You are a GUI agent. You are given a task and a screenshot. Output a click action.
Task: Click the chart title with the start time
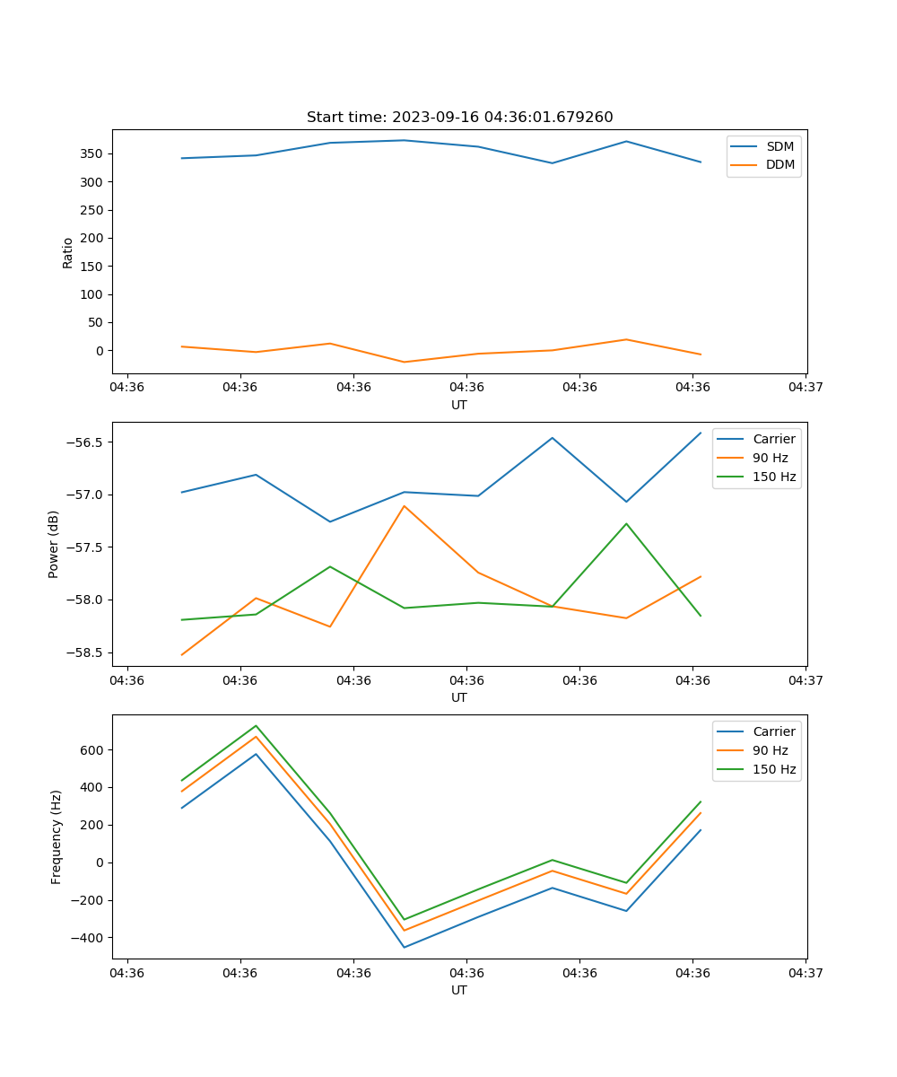tap(459, 118)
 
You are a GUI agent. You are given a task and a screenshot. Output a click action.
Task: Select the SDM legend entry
tap(779, 146)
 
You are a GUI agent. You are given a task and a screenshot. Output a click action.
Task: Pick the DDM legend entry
tap(779, 164)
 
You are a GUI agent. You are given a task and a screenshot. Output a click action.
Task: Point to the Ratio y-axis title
tap(68, 252)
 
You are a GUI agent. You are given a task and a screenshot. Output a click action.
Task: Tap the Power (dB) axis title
tap(54, 544)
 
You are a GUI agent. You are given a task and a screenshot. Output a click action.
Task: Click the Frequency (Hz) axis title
tap(56, 836)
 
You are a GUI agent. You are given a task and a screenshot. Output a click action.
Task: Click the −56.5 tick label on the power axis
tap(84, 442)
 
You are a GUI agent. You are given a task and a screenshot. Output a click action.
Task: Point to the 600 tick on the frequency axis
tap(92, 749)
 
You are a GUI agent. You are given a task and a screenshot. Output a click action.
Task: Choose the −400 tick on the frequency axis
tap(88, 938)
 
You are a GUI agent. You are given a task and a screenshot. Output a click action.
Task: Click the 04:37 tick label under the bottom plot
tap(806, 973)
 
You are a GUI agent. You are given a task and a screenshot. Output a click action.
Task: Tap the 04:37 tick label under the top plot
tap(806, 388)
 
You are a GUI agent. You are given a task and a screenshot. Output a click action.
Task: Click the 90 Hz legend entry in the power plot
tap(770, 458)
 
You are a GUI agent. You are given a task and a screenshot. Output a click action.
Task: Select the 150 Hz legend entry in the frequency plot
tap(774, 769)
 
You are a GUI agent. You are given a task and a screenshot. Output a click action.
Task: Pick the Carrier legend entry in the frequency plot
tap(773, 731)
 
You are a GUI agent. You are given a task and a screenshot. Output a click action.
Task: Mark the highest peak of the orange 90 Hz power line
tap(405, 506)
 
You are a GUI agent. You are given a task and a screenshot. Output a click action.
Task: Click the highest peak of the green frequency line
tap(256, 725)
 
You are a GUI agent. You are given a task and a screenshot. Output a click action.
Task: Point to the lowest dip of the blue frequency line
tap(405, 947)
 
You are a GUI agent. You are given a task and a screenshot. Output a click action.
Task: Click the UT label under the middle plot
tap(459, 697)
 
